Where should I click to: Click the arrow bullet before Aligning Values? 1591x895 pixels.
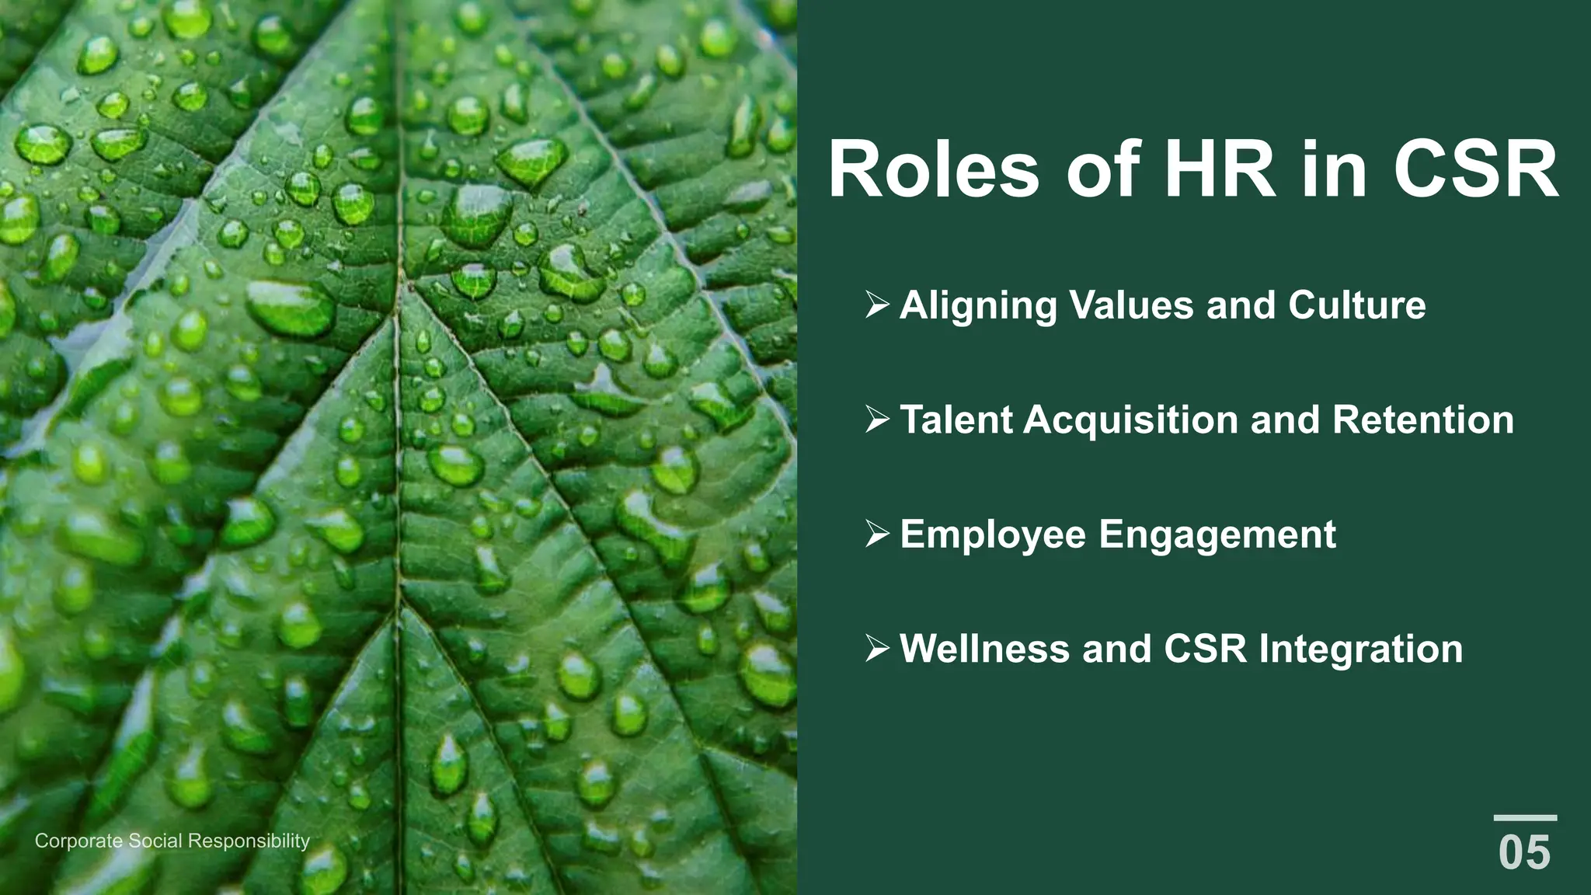tap(877, 305)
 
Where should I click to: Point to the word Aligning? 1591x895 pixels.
tap(978, 305)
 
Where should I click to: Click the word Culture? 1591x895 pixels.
tap(1356, 305)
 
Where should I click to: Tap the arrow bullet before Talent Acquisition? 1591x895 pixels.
tap(877, 420)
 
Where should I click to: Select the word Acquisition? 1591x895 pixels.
tap(1130, 420)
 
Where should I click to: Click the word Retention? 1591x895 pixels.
tap(1423, 420)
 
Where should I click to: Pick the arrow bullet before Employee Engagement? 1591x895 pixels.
tap(877, 535)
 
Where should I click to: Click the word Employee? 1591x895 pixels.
tap(993, 535)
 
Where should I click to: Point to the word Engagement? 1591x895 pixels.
tap(1217, 535)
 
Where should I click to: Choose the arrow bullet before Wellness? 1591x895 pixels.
tap(877, 649)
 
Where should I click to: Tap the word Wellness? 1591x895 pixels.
tap(984, 649)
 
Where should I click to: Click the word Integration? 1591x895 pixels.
tap(1360, 649)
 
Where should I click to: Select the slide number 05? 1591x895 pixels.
tap(1524, 852)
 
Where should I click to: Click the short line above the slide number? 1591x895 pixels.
tap(1525, 818)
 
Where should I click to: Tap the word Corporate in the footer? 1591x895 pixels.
tap(78, 841)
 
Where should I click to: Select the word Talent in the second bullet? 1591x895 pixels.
tap(956, 420)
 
